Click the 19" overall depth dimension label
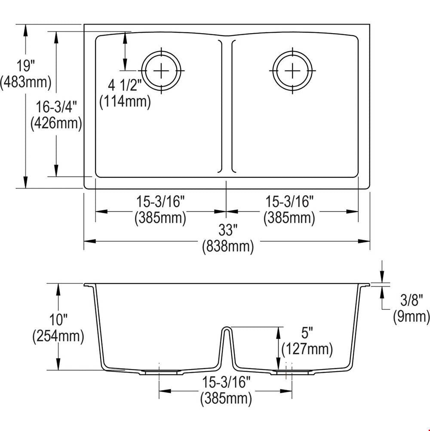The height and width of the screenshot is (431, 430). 25,66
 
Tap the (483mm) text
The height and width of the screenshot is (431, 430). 25,82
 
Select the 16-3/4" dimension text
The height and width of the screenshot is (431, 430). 56,107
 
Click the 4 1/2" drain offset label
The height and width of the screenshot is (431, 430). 125,85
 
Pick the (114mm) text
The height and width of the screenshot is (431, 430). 125,102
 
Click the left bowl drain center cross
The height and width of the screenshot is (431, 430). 161,71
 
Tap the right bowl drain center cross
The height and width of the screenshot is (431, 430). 292,71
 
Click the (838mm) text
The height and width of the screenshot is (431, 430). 228,246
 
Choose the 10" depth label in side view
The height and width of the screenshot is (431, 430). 58,319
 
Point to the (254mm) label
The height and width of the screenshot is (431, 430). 58,336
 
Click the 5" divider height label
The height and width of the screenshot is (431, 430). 307,333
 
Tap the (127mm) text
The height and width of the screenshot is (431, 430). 307,349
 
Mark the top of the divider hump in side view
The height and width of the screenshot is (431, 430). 227,327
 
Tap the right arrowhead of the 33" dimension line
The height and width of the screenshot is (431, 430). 364,242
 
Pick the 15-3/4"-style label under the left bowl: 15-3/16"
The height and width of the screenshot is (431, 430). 161,202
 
